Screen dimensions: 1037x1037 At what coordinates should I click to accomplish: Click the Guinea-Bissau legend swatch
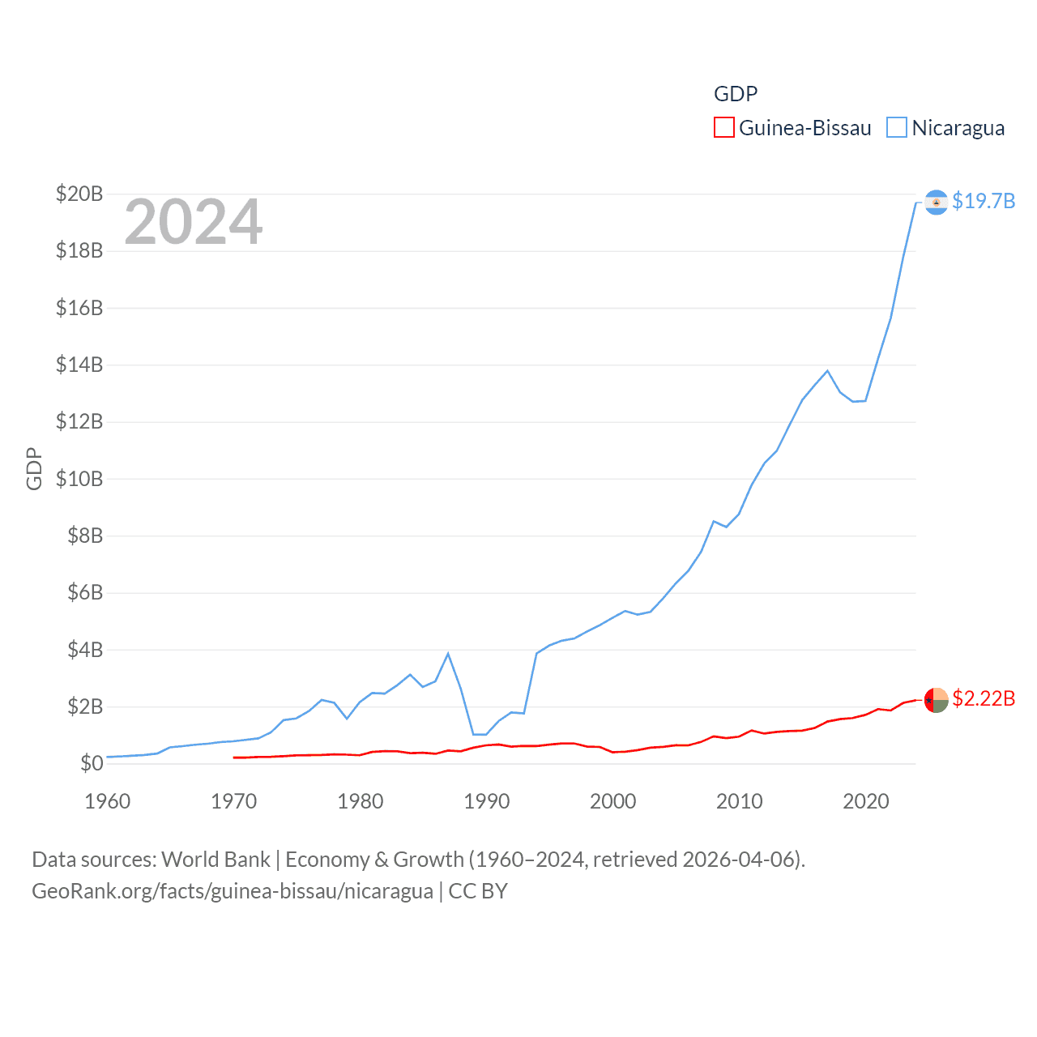point(723,128)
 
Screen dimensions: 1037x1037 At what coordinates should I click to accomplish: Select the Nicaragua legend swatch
point(896,128)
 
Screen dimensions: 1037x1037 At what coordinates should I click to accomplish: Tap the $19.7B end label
point(984,201)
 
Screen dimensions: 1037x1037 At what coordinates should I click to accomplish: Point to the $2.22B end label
point(984,698)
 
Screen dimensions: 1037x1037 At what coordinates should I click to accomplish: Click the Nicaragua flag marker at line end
point(936,202)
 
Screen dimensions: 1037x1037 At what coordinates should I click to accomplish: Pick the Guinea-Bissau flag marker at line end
point(936,699)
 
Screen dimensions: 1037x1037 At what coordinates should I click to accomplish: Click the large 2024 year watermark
point(194,222)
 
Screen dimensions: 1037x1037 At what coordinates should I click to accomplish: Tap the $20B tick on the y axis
point(79,194)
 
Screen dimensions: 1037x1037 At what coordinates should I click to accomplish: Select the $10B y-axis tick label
point(79,479)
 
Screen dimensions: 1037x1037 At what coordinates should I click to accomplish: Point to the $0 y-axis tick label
point(92,763)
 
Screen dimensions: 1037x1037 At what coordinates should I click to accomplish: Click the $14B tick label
point(79,365)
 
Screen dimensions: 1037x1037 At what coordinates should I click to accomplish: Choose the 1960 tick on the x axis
point(108,801)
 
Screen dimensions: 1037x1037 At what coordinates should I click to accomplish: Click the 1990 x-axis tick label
point(487,801)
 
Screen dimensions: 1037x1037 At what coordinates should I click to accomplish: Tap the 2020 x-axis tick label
point(866,801)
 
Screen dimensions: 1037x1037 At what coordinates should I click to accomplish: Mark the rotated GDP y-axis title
point(34,468)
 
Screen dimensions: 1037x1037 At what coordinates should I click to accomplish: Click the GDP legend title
point(736,94)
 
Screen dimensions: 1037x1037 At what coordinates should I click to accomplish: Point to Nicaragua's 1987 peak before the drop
point(448,654)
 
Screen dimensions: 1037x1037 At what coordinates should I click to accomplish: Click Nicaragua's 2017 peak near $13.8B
point(827,371)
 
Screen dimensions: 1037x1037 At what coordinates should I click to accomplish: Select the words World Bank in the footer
point(216,859)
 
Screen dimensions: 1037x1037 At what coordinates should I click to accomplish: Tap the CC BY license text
point(478,891)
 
